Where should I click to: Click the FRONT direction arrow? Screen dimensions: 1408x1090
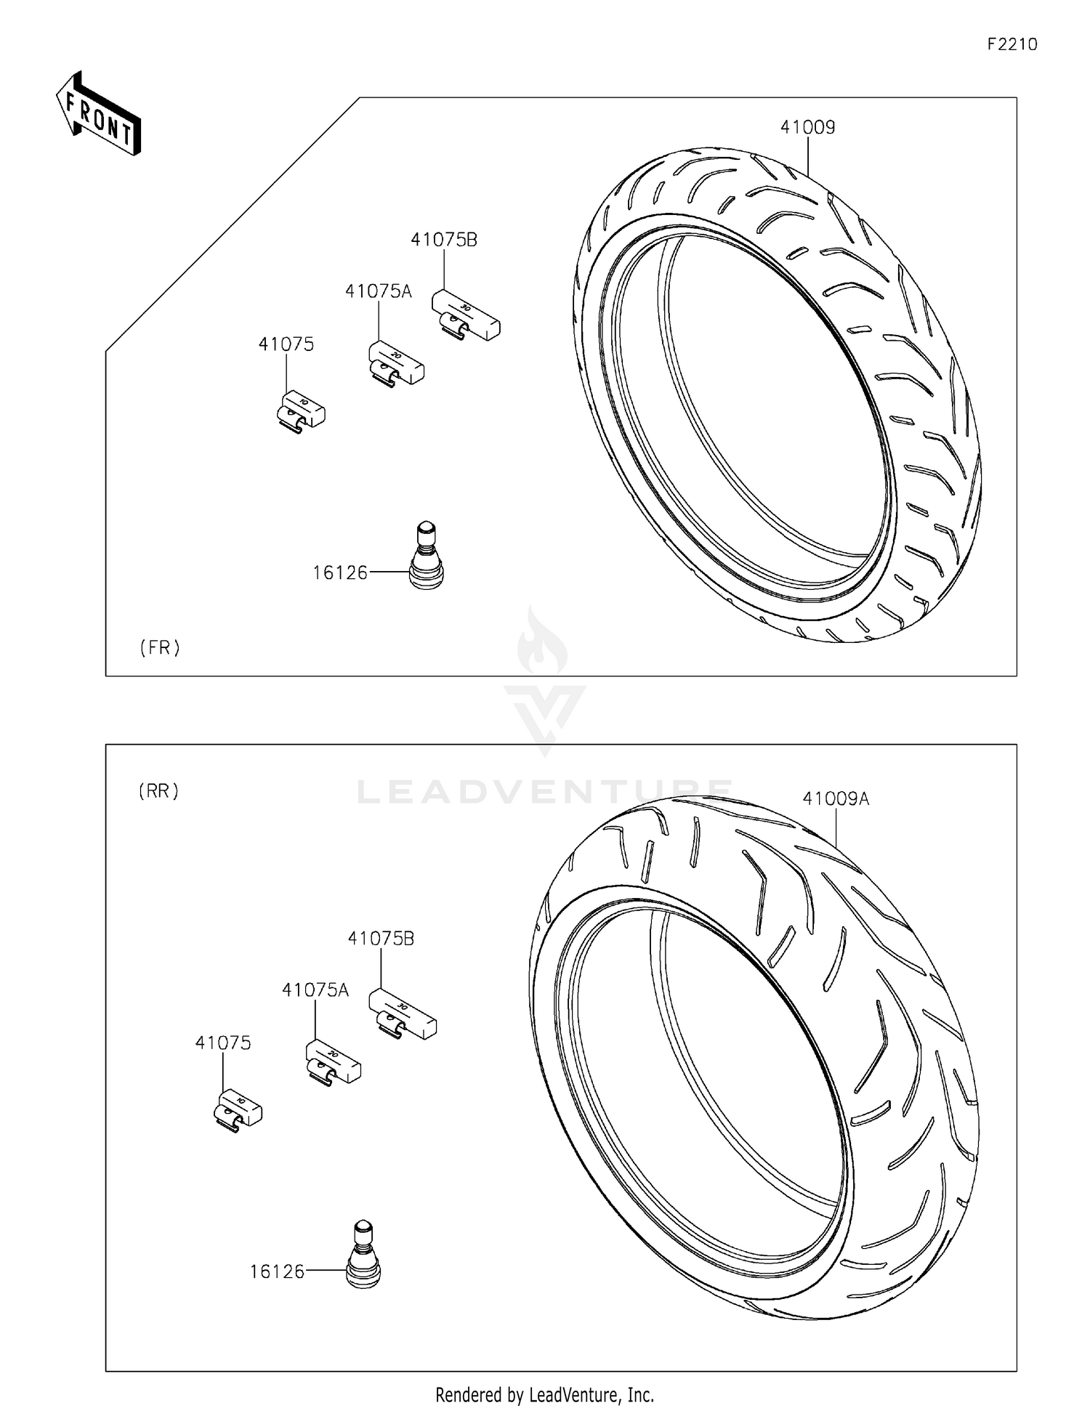[x=99, y=115]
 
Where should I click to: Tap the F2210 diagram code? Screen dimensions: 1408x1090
[x=1012, y=45]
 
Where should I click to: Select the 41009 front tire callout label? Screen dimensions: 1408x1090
[x=807, y=127]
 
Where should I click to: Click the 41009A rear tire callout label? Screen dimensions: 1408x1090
[x=835, y=799]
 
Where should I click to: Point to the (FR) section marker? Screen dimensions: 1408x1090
[x=160, y=647]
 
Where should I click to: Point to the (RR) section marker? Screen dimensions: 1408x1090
[x=159, y=791]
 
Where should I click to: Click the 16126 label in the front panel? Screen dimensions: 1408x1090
[x=340, y=573]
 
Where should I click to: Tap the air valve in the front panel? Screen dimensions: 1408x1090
[x=427, y=556]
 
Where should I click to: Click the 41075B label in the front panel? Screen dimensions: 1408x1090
[x=443, y=240]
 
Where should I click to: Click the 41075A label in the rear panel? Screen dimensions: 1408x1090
[x=315, y=990]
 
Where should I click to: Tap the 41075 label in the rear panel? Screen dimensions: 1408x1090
[x=222, y=1043]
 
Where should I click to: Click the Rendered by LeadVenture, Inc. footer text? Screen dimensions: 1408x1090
[x=544, y=1394]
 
